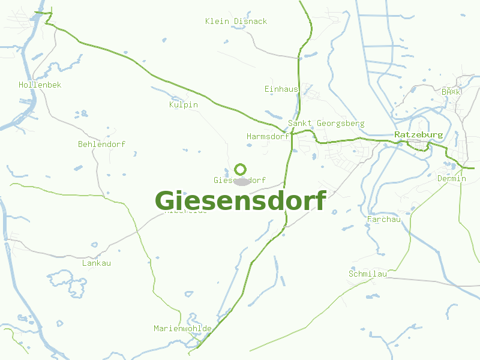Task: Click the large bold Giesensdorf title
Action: (x=241, y=201)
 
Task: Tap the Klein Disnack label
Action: (x=236, y=22)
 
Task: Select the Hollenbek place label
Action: (x=40, y=85)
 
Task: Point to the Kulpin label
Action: (x=183, y=105)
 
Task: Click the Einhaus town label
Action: (x=281, y=89)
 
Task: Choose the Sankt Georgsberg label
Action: (x=326, y=124)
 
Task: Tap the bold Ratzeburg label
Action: (x=418, y=135)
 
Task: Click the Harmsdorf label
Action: (x=268, y=137)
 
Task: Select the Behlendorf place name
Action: (x=101, y=145)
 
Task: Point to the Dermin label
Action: (x=451, y=179)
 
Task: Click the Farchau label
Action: (x=383, y=220)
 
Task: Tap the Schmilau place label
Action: (x=367, y=274)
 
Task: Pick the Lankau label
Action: (x=96, y=263)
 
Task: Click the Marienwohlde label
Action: (x=182, y=329)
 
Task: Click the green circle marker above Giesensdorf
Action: (x=241, y=169)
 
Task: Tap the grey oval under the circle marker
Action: (x=241, y=181)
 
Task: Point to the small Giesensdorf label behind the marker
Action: (x=223, y=181)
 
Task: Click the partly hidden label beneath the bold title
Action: (x=186, y=212)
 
